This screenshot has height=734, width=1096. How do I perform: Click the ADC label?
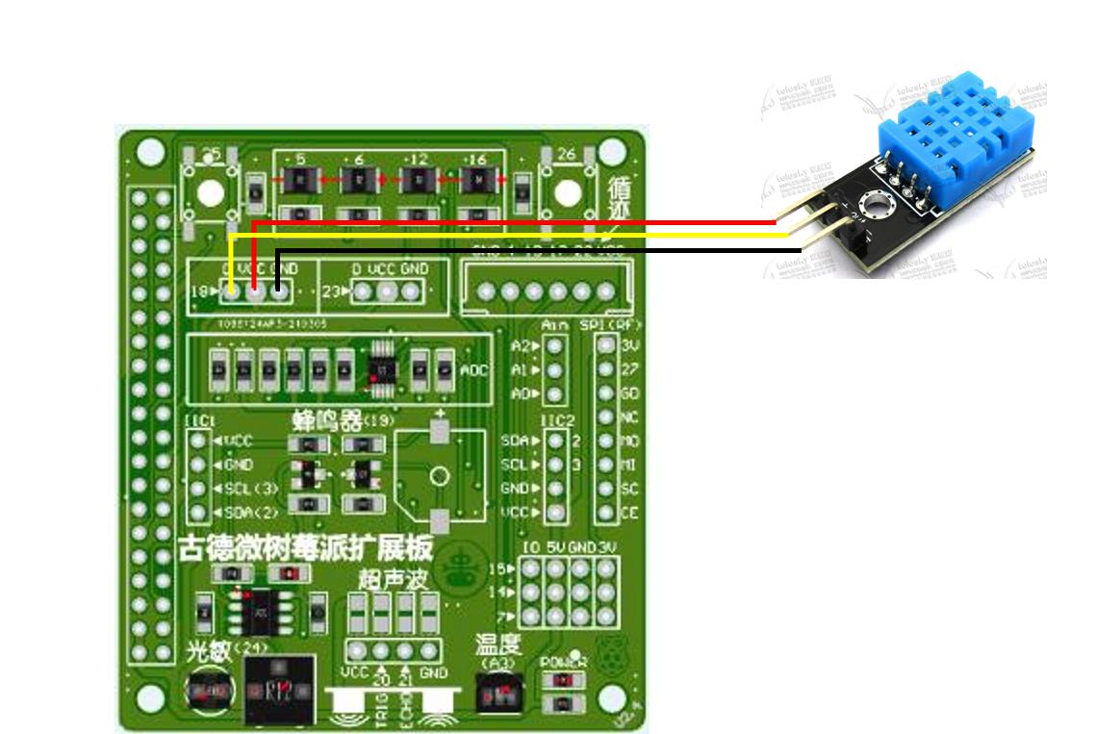473,368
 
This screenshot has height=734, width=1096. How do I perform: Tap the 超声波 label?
391,579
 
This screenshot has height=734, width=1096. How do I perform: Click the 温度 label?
497,645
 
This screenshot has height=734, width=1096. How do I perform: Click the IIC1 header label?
198,421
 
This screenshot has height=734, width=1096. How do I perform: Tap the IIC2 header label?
556,420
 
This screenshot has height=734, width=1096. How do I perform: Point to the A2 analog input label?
522,345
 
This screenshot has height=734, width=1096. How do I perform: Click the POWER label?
563,663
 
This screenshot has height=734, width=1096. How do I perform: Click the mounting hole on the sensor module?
875,203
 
